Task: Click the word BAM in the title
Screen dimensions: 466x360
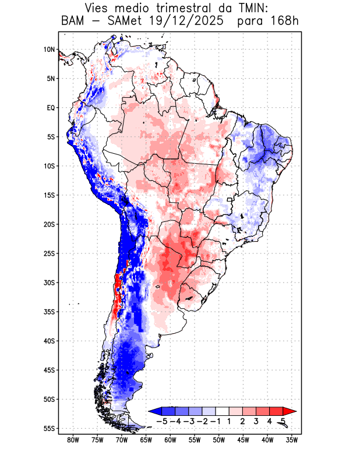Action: [x=73, y=22]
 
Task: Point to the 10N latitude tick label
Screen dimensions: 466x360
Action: [x=49, y=50]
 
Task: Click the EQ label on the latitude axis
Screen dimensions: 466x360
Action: [x=50, y=108]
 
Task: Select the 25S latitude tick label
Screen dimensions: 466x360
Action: [x=49, y=253]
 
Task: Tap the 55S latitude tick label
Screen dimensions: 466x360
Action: [x=49, y=428]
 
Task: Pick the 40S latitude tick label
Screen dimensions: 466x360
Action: [x=49, y=341]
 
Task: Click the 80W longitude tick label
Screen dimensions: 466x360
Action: [x=73, y=440]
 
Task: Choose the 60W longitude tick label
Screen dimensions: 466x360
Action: [x=170, y=440]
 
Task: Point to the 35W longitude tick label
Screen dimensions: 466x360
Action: [x=292, y=440]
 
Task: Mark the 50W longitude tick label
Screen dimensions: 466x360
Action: [x=219, y=440]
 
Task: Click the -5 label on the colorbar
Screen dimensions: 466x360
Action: [x=163, y=421]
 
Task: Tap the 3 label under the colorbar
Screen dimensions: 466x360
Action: [x=256, y=421]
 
